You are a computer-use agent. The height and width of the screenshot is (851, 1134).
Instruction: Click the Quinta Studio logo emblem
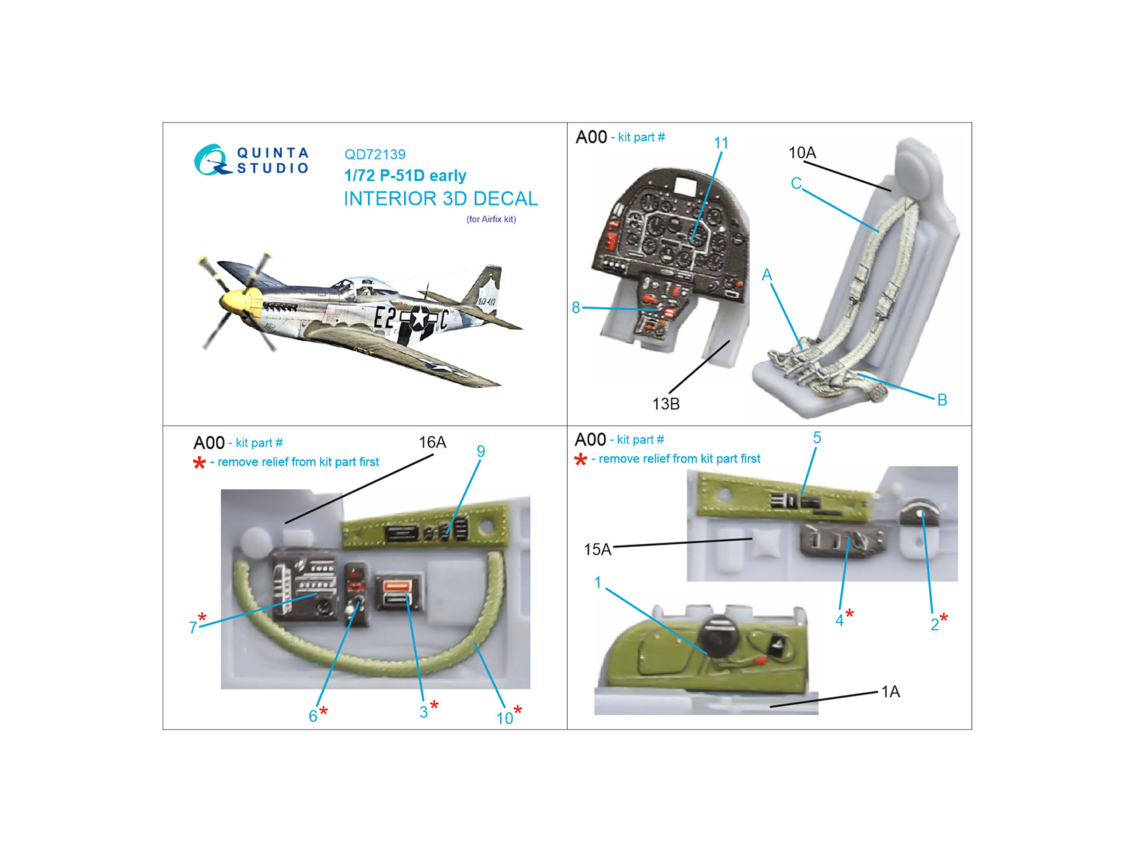pos(211,160)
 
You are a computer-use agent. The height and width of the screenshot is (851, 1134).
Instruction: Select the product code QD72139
pos(374,154)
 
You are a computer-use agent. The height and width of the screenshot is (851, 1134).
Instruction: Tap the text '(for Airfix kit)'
pos(490,219)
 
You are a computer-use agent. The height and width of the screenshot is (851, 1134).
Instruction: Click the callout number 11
pos(721,143)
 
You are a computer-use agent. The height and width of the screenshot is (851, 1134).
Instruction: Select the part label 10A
pos(802,152)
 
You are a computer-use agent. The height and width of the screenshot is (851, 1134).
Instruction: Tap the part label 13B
pos(666,404)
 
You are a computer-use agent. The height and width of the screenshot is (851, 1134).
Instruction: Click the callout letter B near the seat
pos(942,399)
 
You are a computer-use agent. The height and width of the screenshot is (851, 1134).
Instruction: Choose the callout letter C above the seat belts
pos(796,183)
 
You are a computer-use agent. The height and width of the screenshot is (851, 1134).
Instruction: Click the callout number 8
pos(576,308)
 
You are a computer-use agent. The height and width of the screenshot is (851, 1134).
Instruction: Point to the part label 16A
pos(432,442)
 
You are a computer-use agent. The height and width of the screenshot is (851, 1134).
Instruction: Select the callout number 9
pos(481,451)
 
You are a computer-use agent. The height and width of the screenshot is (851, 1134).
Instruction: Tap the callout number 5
pos(816,438)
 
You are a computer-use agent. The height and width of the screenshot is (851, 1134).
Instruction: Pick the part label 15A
pos(597,549)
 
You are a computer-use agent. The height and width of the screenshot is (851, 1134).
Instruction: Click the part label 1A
pos(890,691)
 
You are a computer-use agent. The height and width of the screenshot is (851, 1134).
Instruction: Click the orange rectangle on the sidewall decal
pos(398,586)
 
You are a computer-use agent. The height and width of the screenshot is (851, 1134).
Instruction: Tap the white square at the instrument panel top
pos(686,184)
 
